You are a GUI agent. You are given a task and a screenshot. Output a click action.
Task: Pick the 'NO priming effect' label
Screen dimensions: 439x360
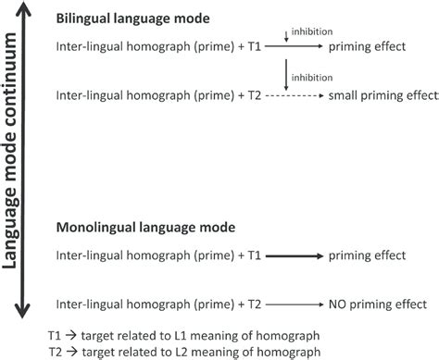tap(376, 303)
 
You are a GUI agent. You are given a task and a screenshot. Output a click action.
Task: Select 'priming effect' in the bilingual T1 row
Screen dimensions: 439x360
tap(369, 45)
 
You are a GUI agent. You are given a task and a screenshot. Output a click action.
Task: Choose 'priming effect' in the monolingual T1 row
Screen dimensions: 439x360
tap(369, 254)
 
